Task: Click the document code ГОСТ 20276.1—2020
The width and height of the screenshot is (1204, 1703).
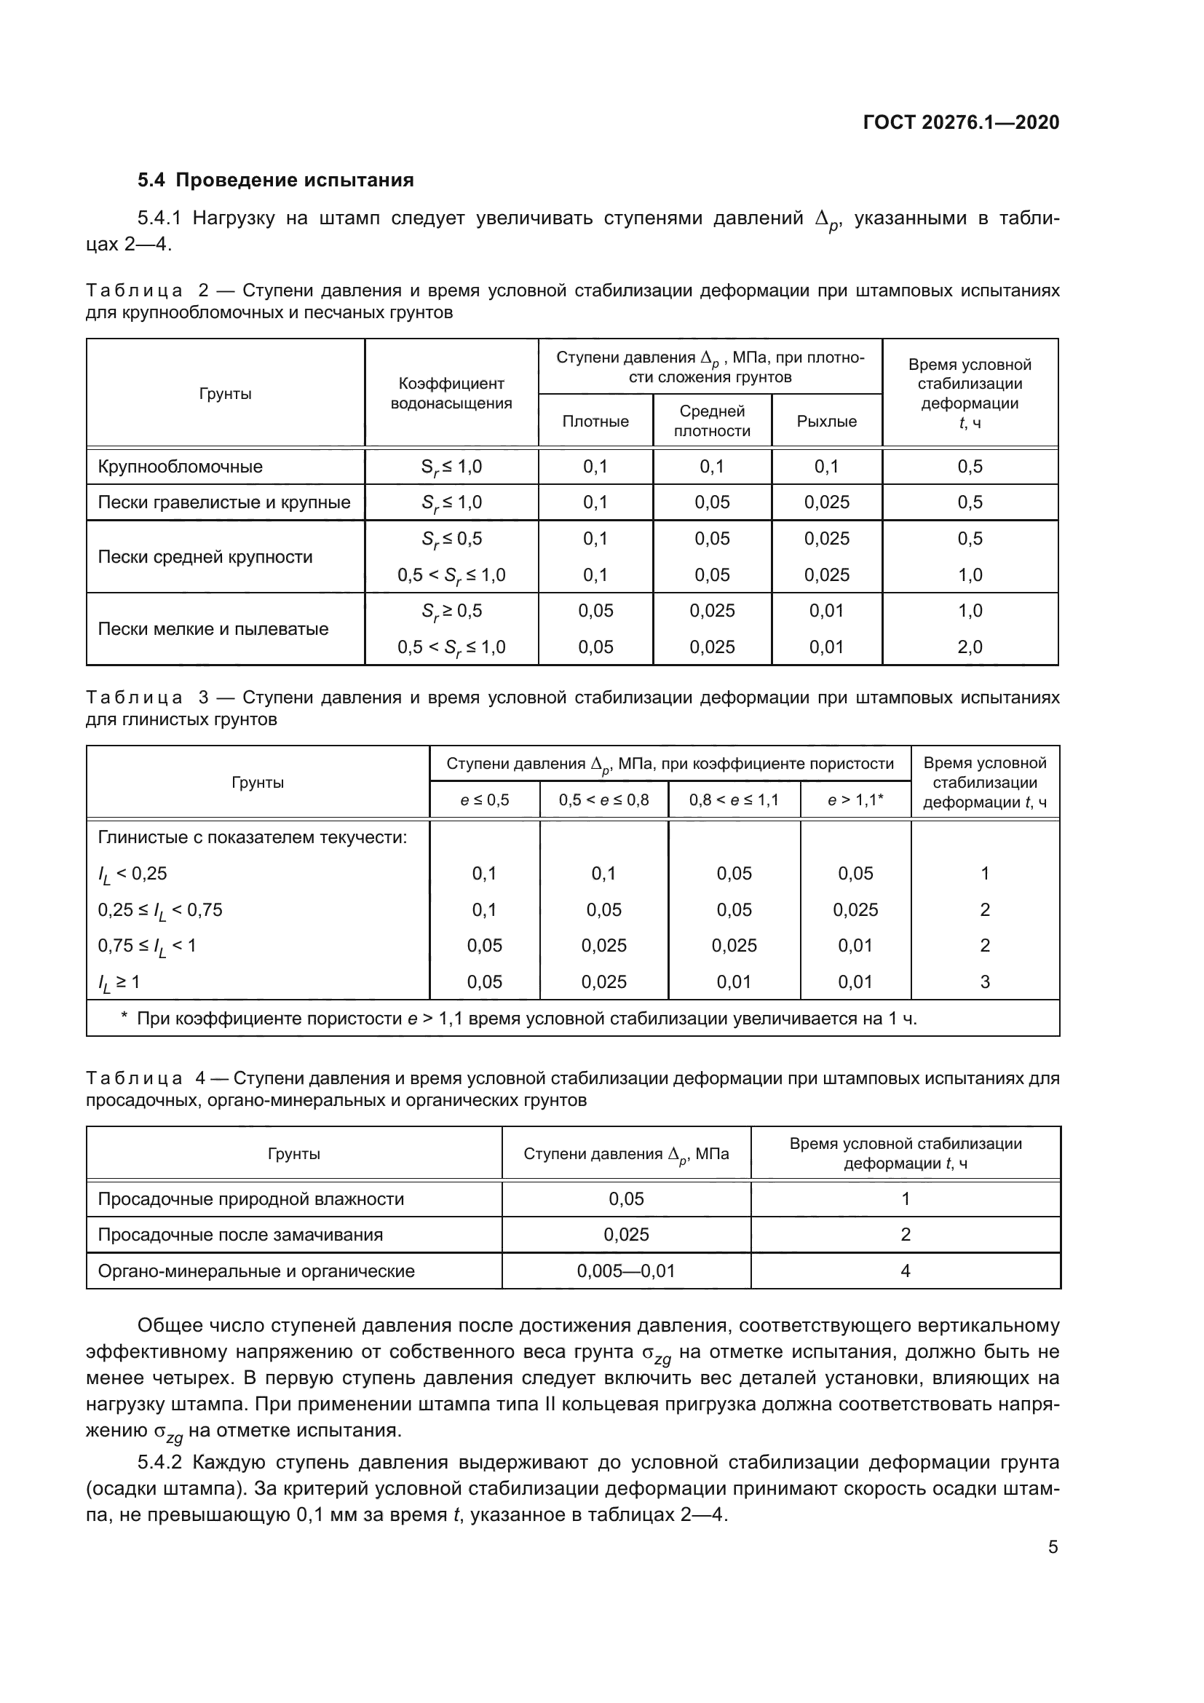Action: tap(961, 122)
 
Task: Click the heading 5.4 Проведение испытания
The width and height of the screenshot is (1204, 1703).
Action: tap(275, 181)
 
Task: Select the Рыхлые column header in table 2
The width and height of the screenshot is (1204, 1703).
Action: tap(826, 422)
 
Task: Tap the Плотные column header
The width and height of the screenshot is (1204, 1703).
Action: tap(595, 422)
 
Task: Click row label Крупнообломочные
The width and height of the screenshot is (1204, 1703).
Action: tap(180, 467)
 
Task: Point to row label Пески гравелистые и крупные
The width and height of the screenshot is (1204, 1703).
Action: tap(224, 502)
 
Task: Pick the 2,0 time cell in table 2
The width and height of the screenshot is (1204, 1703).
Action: tap(969, 647)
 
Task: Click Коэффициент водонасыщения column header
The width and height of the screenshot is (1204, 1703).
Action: tap(451, 393)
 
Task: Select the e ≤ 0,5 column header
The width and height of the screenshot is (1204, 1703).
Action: tap(484, 800)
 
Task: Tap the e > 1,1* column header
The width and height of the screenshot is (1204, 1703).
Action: tap(855, 800)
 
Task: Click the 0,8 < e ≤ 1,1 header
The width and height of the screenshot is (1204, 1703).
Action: tap(733, 800)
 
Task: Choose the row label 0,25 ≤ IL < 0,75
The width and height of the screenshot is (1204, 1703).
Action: tap(160, 910)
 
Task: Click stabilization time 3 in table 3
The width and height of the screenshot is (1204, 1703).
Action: tap(985, 982)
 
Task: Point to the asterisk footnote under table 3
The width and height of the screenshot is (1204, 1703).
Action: tap(519, 1019)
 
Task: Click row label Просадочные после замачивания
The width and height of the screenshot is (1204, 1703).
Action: tap(240, 1235)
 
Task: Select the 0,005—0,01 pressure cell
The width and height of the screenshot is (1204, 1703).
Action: tap(626, 1271)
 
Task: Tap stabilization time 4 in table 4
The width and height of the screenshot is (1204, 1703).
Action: tap(905, 1271)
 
